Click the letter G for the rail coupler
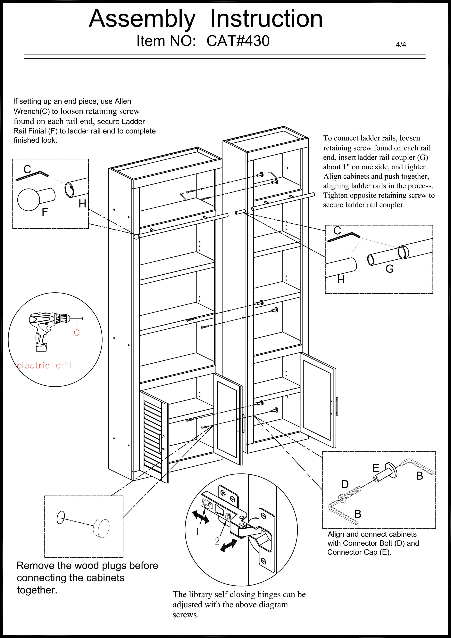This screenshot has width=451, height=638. coord(389,269)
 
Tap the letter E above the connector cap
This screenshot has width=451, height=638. coord(376,468)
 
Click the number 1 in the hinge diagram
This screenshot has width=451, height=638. coord(197,532)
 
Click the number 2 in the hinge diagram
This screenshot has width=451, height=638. coord(217,541)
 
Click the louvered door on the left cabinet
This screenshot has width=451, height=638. coord(154,436)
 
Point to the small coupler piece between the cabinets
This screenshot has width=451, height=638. coord(240,212)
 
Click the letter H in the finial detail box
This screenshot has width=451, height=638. coord(82,204)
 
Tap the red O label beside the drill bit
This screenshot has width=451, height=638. coord(77,333)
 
